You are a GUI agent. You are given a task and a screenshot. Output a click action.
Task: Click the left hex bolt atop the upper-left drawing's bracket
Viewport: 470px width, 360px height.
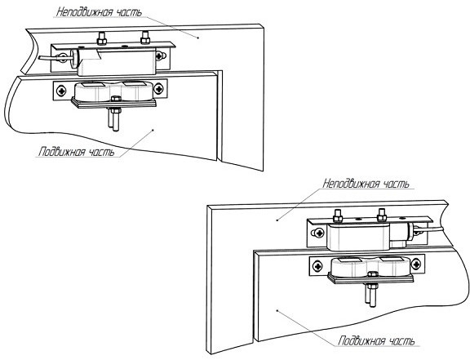[102, 38]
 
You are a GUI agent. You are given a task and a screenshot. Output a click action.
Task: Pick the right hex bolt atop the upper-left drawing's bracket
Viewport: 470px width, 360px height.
[145, 38]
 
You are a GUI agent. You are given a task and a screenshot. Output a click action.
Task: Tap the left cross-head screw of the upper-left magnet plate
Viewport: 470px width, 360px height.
[61, 91]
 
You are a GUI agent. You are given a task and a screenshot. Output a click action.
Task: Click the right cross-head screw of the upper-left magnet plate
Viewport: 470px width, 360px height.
[158, 88]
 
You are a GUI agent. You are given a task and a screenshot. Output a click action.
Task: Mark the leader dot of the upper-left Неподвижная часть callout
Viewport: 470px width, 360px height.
[197, 38]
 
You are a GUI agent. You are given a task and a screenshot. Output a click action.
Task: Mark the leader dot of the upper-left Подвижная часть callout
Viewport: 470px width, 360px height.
[153, 130]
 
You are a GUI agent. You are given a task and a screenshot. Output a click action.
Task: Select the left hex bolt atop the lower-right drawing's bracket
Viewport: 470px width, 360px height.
[338, 216]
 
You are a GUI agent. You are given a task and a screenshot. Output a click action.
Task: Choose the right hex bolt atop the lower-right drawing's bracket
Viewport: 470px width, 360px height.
[382, 215]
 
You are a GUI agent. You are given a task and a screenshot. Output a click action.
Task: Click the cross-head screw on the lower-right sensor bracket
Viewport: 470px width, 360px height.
[318, 233]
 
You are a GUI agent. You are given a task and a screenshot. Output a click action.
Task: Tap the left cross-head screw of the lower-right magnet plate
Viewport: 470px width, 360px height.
[317, 266]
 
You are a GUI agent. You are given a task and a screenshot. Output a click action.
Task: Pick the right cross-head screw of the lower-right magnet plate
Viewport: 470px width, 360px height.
[416, 264]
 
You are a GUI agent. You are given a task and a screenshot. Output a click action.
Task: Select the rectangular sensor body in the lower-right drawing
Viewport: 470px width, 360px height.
[358, 238]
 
